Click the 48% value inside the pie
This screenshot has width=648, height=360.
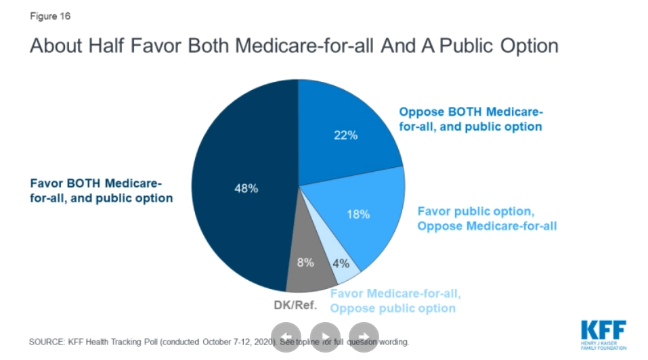tap(246, 189)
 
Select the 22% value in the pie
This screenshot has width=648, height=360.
tap(346, 135)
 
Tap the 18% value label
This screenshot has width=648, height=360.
tap(358, 215)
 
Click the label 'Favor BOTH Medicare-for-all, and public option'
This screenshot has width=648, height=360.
tap(101, 191)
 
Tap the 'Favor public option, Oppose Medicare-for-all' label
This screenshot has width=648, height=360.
tap(486, 218)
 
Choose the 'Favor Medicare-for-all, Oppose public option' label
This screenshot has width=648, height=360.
tap(395, 300)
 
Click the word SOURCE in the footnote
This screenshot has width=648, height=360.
tap(46, 342)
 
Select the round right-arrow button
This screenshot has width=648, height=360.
tap(364, 336)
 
